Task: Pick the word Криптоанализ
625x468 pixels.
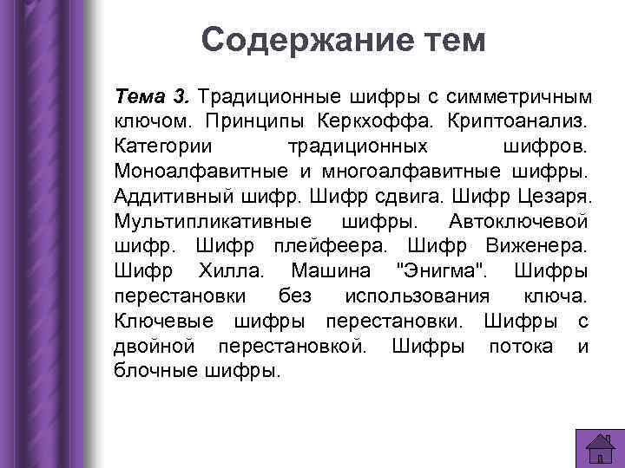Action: coord(520,116)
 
